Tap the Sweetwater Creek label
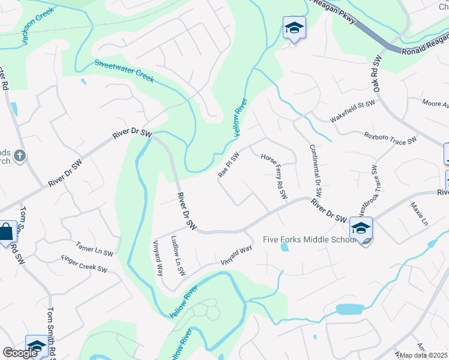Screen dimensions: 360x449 tap(124, 71)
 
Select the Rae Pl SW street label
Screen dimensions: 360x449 tap(229, 164)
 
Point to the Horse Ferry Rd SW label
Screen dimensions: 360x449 tap(274, 176)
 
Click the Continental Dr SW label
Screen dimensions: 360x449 tap(316, 172)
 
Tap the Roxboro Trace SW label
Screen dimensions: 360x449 tap(390, 138)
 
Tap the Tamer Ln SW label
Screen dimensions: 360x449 tap(94, 249)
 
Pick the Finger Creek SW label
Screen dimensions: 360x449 tap(84, 265)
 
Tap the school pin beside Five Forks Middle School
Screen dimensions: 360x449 tap(361, 229)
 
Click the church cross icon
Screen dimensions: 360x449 tap(20, 157)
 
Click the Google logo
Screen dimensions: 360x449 tap(20, 353)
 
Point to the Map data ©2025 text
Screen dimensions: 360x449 tap(424, 355)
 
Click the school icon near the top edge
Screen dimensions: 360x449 tap(294, 28)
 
